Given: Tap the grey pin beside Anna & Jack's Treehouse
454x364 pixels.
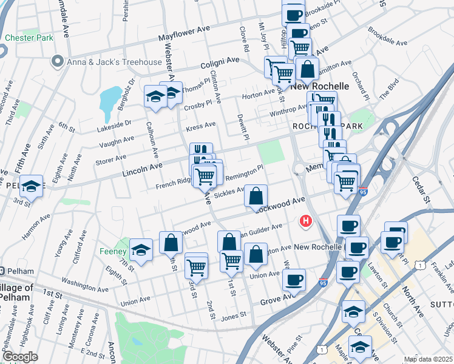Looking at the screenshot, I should point(58,60).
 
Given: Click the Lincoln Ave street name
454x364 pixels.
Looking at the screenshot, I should point(143,169).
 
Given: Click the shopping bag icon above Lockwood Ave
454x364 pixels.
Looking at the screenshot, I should point(256,196).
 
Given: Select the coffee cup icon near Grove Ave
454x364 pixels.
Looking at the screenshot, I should point(294,280).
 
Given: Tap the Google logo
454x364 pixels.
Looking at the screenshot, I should point(19,357).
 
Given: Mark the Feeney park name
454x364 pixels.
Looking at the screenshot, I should point(112,251).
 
